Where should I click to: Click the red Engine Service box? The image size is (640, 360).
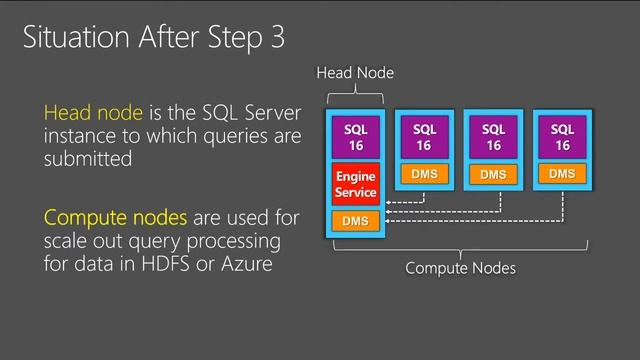tap(355, 184)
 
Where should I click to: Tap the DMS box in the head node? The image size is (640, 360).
tap(355, 220)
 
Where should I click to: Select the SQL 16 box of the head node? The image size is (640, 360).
tap(355, 138)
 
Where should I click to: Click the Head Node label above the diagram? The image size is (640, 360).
tap(355, 73)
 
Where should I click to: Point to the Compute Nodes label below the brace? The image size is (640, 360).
tap(460, 268)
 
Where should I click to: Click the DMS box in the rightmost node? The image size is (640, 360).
tap(562, 174)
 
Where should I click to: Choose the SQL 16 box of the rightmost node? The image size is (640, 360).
tap(562, 138)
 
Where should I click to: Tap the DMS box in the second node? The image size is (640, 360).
tap(424, 174)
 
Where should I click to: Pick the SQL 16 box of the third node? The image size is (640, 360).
tap(493, 138)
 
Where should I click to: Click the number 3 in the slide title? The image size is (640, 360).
tap(276, 39)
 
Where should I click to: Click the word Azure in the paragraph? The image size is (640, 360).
tap(247, 264)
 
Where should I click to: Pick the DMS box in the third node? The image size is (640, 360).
tap(493, 175)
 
